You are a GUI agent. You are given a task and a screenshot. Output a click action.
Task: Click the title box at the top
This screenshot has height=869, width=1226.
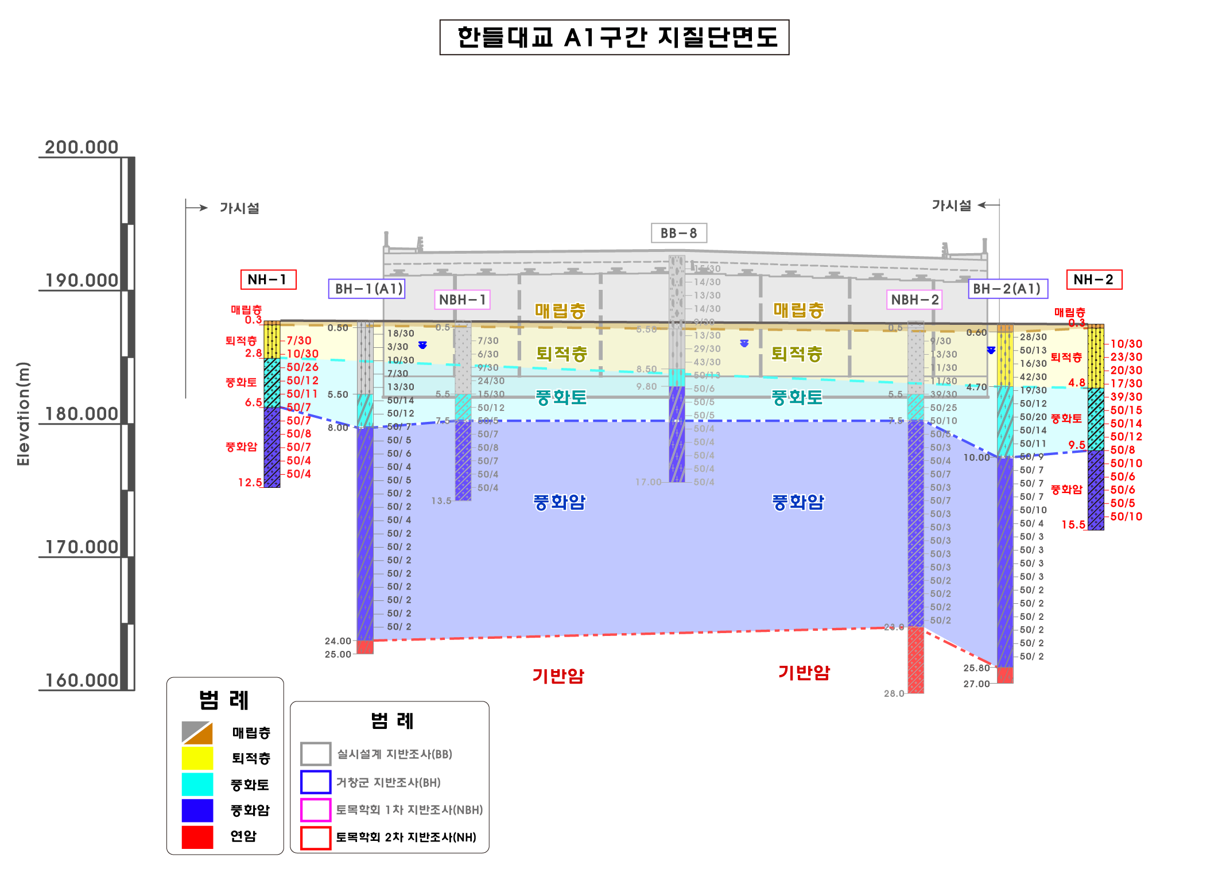coord(614,37)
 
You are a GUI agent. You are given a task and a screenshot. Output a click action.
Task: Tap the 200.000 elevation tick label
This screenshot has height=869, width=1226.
coord(82,148)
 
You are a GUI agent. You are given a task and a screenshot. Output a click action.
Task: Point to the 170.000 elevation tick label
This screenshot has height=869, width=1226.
coord(82,547)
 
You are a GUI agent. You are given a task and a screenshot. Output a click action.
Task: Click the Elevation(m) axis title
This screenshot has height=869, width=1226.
coord(23,413)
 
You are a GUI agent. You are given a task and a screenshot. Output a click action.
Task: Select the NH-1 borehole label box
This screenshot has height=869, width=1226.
coord(268,280)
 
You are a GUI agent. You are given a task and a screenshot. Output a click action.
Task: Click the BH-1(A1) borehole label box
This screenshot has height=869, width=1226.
coord(367,289)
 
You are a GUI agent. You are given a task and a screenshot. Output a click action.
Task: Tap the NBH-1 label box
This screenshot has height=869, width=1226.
coord(463,300)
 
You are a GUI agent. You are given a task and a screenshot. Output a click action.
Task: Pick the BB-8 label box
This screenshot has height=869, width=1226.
coord(678,233)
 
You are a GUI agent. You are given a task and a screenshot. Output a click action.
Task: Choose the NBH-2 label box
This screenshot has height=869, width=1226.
coord(914,300)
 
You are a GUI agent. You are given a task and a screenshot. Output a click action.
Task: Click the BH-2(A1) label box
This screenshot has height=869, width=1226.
coord(1007,289)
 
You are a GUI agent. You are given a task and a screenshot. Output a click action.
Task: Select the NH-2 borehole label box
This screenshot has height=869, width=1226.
coord(1093,280)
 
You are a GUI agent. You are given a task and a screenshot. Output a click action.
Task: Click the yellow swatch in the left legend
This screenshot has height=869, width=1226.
coord(197,758)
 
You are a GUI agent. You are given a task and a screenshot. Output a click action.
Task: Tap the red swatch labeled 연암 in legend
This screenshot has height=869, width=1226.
coord(197,836)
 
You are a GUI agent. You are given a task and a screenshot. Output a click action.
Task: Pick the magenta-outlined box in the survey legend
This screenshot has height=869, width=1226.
coord(316,809)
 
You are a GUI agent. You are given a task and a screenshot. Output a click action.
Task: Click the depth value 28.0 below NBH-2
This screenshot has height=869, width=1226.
coord(894,693)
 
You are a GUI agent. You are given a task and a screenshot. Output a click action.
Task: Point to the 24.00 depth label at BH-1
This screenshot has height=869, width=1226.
coord(337,641)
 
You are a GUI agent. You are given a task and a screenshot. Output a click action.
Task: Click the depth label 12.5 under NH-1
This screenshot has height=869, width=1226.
coord(250,483)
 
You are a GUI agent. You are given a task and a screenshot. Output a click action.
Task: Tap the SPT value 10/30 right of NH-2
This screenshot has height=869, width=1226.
coord(1126,344)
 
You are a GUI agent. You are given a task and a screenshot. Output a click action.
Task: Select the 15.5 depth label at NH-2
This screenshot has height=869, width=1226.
coord(1073,525)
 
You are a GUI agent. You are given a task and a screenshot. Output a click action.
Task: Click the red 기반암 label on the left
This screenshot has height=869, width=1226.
coord(558,676)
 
